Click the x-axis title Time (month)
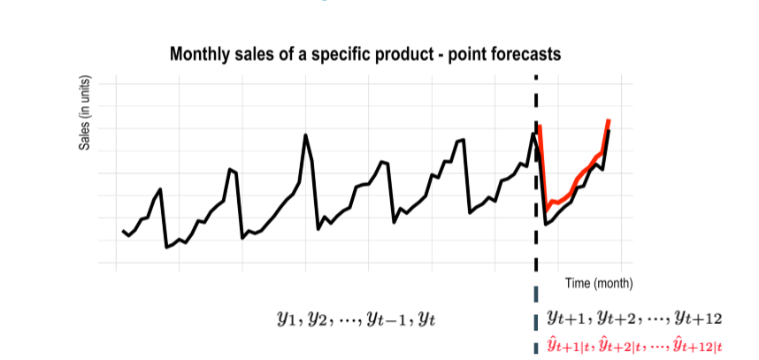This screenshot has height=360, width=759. [599, 283]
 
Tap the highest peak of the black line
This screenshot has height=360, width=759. [306, 135]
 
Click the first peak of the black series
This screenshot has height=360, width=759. [160, 189]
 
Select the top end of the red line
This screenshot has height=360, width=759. [609, 119]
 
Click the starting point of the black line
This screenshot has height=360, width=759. [123, 231]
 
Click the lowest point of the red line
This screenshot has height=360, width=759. [546, 208]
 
